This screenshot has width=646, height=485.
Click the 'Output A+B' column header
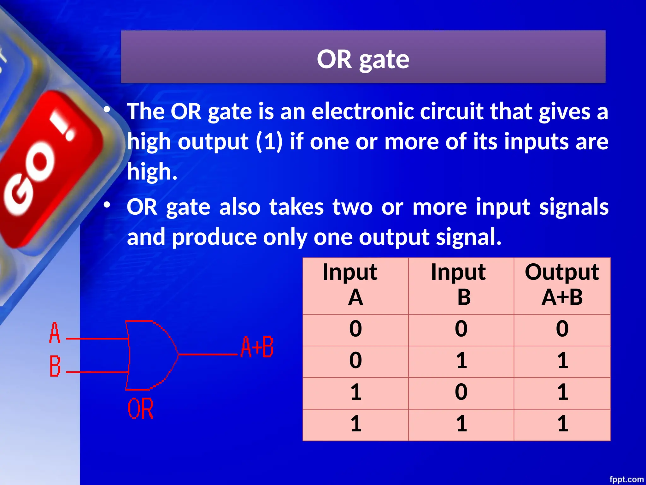click(562, 285)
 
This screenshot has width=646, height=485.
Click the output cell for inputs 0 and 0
click(562, 329)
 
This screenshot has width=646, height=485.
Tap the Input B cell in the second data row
click(461, 361)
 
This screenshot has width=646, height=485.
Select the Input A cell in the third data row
click(356, 392)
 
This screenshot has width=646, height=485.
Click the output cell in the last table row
click(562, 424)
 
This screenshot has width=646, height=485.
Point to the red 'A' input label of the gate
click(55, 333)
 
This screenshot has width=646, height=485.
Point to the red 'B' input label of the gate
click(55, 366)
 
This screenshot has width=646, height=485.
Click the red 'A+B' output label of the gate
click(257, 347)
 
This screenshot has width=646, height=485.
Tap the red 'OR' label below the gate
click(141, 409)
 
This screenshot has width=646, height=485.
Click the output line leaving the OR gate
click(208, 355)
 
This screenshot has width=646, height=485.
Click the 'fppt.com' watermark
click(626, 479)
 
